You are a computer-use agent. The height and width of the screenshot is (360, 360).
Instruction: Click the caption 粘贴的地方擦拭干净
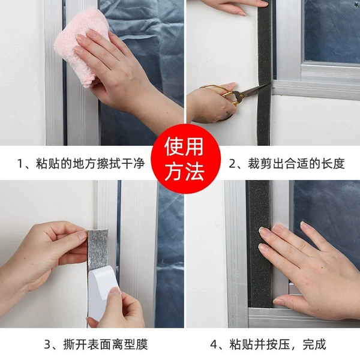(90, 164)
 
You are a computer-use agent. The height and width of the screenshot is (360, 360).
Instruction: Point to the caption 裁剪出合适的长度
(296, 164)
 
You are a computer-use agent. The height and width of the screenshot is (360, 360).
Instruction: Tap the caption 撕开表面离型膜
(106, 344)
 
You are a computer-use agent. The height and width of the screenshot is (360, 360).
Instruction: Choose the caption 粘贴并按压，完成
(278, 344)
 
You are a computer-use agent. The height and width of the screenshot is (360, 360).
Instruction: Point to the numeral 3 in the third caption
(47, 344)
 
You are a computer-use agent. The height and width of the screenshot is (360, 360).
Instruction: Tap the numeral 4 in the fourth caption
(214, 344)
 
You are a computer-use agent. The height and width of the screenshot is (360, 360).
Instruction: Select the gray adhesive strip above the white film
(98, 250)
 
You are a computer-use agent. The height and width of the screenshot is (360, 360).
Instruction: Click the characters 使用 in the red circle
(184, 146)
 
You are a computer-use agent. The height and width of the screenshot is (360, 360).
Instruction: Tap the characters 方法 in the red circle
(184, 171)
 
